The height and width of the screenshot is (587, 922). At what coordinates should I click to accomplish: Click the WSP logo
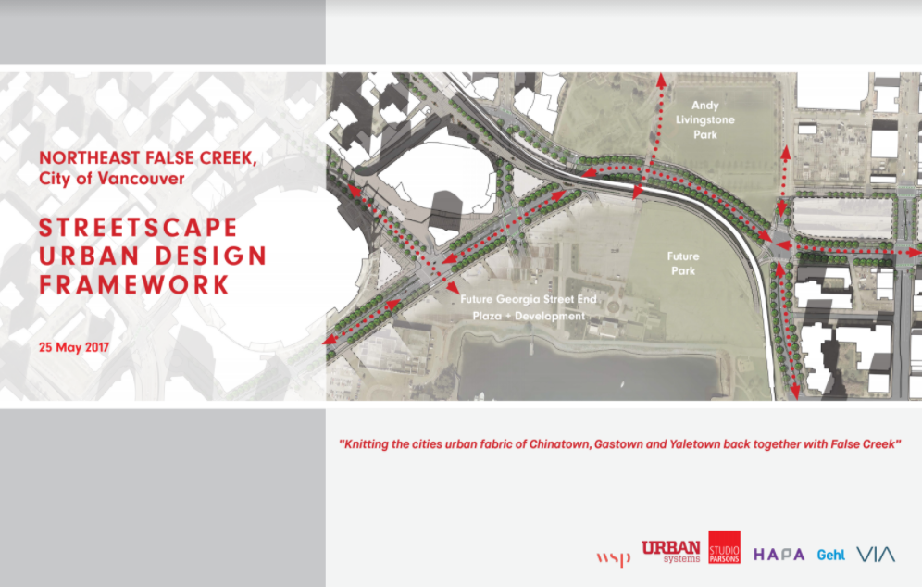[x=614, y=557]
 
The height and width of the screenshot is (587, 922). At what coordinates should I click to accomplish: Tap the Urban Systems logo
[x=670, y=552]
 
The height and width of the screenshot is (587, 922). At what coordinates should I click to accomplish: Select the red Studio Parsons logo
[x=724, y=547]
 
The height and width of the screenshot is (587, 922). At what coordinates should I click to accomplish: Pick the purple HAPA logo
[x=779, y=555]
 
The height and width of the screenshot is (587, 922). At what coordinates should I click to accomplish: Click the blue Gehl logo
[x=831, y=555]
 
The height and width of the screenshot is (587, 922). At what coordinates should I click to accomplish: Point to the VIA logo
[x=876, y=554]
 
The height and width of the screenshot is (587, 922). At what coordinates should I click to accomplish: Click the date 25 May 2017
[x=74, y=347]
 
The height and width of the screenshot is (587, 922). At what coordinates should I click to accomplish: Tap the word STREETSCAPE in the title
[x=138, y=228]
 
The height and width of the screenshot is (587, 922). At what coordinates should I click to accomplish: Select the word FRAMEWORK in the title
[x=134, y=284]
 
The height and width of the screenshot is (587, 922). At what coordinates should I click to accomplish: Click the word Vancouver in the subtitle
[x=141, y=178]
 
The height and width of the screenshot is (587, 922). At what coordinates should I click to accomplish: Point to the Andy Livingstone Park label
[x=705, y=120]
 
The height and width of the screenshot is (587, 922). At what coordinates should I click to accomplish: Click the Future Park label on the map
[x=683, y=264]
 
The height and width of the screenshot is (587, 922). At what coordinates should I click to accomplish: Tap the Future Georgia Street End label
[x=529, y=299]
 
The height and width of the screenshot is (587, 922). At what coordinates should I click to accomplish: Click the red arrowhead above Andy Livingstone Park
[x=662, y=80]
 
